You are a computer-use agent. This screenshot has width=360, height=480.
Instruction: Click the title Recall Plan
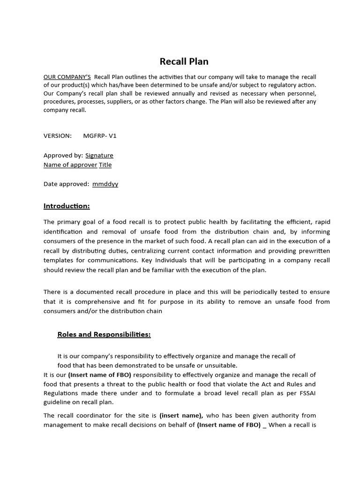coord(184,61)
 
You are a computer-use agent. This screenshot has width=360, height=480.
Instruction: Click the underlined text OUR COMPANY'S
coord(67,77)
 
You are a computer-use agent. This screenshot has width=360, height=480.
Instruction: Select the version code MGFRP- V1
coord(99,135)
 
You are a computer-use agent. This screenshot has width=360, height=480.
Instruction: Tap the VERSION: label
coord(58,135)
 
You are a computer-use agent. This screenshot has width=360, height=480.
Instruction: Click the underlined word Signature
coord(99,155)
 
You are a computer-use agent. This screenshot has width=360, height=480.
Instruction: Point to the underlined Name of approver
coord(70,165)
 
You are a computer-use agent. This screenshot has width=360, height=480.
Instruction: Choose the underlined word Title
coord(105,165)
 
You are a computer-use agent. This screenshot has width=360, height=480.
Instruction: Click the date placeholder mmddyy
coord(105,184)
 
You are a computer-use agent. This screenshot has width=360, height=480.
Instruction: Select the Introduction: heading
coord(67,206)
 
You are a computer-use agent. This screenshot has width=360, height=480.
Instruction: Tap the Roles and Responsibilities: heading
coord(104,334)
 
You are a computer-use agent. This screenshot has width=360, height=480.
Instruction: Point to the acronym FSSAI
coord(320,393)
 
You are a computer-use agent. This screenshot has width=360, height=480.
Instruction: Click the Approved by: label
coord(63,155)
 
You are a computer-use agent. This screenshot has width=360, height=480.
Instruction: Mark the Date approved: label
coord(67,184)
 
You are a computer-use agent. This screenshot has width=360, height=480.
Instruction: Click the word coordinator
coord(85,415)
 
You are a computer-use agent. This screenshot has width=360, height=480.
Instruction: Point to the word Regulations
coord(60,393)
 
